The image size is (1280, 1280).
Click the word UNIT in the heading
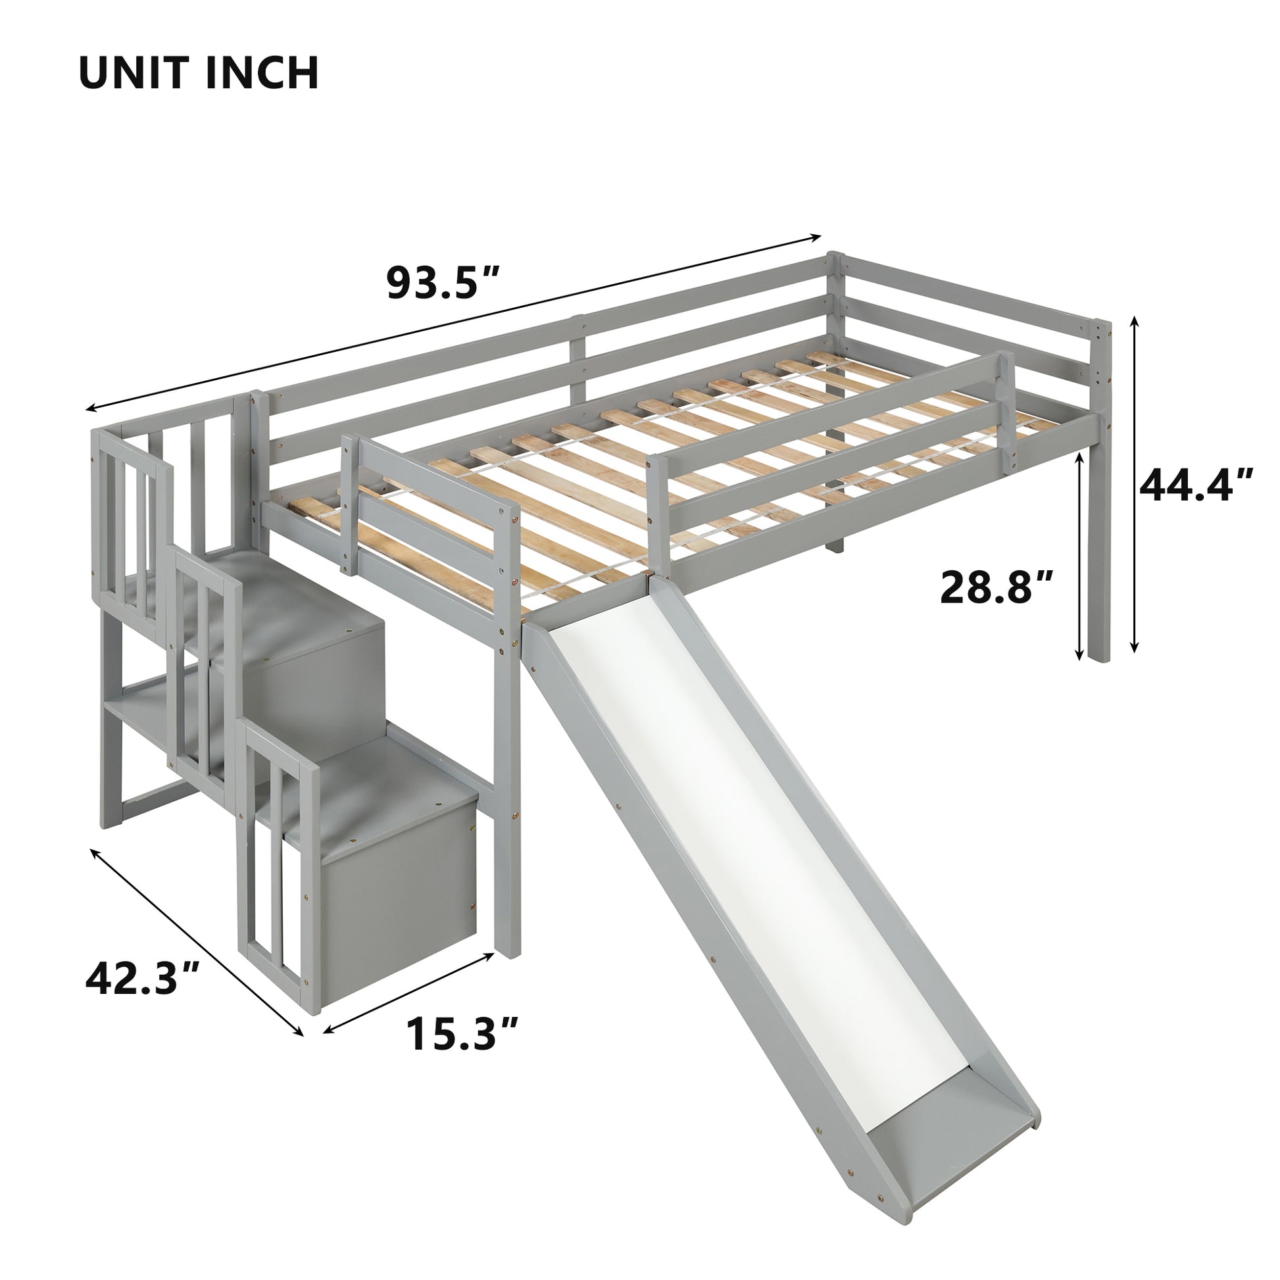135,73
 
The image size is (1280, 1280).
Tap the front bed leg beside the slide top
508,762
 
